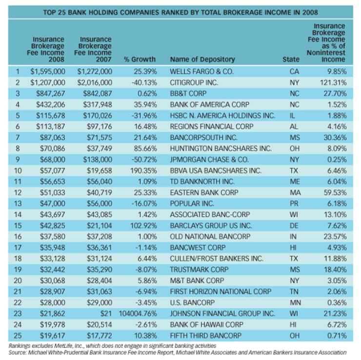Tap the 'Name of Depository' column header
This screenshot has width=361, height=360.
click(x=202, y=60)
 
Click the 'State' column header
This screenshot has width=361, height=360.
click(x=291, y=60)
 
